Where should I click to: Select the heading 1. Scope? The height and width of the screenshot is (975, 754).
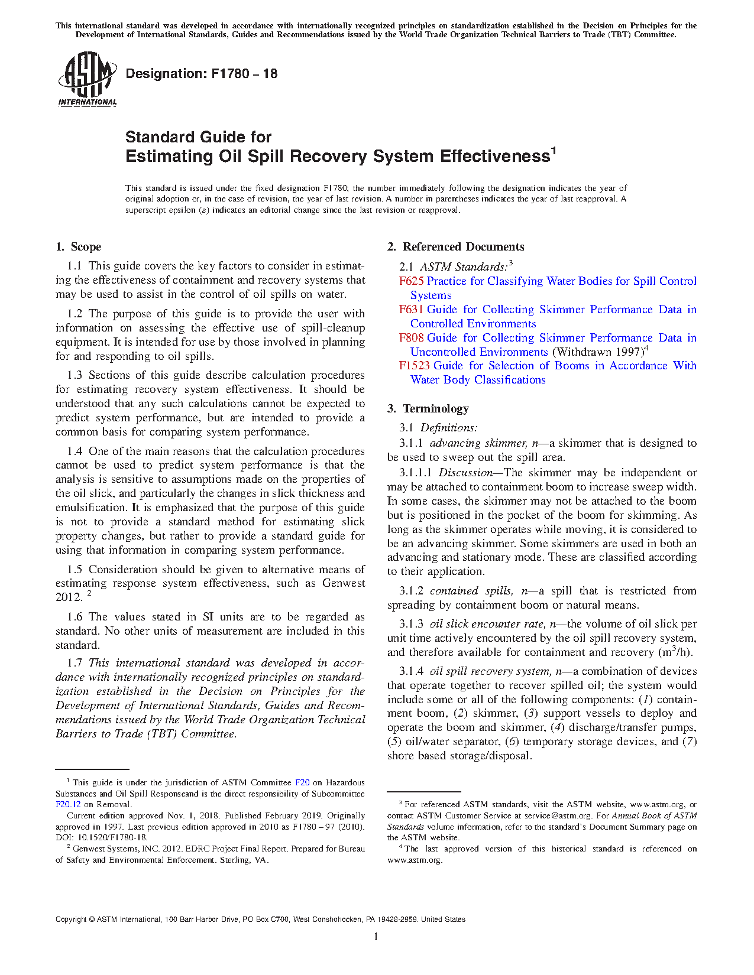point(78,247)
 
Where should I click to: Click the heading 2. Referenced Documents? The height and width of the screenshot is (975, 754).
point(455,247)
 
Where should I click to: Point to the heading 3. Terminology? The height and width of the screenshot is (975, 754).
point(428,409)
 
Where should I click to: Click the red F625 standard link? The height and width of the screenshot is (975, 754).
point(411,281)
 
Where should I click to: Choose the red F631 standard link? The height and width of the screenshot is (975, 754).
point(411,310)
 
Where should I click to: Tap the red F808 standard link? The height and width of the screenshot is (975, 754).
point(411,338)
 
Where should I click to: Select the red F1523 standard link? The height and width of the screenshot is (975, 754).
point(414,366)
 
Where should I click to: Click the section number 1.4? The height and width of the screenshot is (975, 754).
point(75,451)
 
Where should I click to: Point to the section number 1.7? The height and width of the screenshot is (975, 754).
point(75,663)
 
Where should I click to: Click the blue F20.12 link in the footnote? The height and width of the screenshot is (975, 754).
point(68,804)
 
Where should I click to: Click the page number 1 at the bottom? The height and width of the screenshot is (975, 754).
point(376,937)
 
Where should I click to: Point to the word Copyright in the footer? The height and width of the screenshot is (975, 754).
point(70,919)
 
